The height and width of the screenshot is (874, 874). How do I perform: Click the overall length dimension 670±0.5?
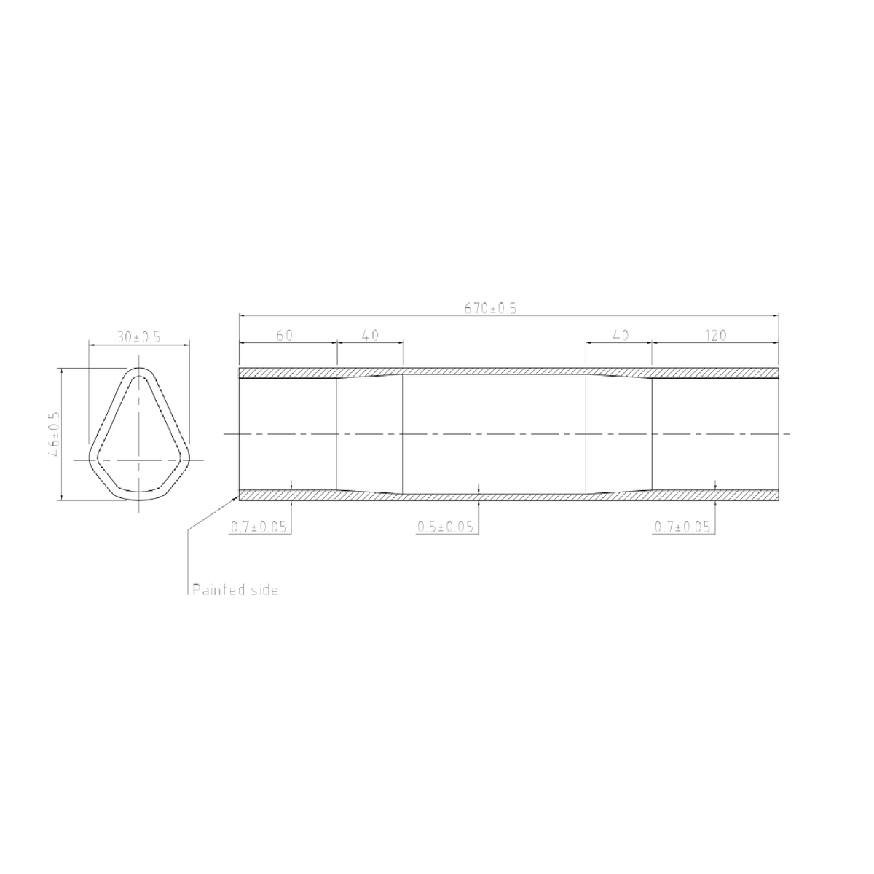pos(490,308)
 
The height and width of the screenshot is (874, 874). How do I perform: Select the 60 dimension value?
pos(285,335)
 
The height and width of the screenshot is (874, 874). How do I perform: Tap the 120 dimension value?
pos(715,335)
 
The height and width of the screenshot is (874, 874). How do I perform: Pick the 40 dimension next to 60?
pos(370,335)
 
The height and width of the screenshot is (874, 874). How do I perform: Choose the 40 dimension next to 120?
pos(620,335)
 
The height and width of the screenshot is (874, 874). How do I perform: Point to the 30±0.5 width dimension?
pos(138,336)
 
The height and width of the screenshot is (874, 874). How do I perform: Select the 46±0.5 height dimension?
pos(54,435)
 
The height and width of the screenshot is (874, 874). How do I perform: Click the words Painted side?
pos(234,590)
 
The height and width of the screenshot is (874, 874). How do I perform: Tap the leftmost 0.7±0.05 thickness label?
pos(259,527)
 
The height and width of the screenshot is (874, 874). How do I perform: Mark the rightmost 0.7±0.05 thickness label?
pos(682,527)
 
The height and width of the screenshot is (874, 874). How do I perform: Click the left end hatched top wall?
pos(288,373)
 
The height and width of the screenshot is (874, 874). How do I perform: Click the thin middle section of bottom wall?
pos(495,497)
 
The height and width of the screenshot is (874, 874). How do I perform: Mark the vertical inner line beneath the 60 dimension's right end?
pos(336,434)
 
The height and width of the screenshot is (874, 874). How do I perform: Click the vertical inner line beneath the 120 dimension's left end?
pos(652,434)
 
